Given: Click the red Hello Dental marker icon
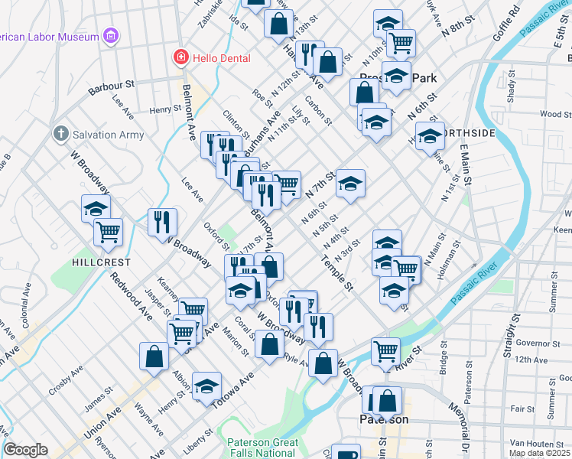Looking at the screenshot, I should point(180,57).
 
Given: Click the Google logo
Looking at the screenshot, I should point(25,450).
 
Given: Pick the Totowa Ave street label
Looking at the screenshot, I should point(232,392).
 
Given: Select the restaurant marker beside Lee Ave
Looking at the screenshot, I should point(162,222).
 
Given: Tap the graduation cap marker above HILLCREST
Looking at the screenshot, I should point(96,208).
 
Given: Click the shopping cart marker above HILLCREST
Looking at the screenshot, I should point(108,231).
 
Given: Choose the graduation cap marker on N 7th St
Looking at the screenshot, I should point(350,184).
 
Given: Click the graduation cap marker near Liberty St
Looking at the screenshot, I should point(206,386).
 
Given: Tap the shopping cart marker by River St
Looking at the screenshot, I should point(385,351).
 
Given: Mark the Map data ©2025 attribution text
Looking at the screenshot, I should point(540,453).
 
